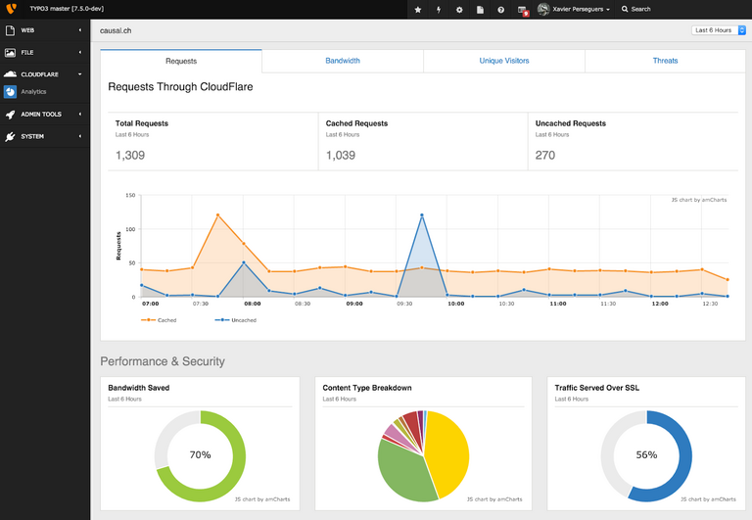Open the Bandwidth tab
[x=343, y=61]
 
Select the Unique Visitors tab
[x=504, y=61]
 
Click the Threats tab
[x=665, y=61]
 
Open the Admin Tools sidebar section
[x=40, y=115]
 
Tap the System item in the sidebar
[x=32, y=136]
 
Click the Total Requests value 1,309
[x=130, y=155]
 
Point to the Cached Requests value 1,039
[x=341, y=155]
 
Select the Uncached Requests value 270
[x=545, y=155]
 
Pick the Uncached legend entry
[x=242, y=320]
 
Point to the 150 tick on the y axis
[x=130, y=196]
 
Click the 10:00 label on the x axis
[x=455, y=304]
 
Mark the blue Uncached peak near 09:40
[x=422, y=215]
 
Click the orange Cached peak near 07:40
[x=217, y=215]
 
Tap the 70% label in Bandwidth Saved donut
[x=200, y=455]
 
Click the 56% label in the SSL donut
[x=646, y=455]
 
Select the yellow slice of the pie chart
[x=446, y=451]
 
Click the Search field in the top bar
[x=641, y=9]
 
